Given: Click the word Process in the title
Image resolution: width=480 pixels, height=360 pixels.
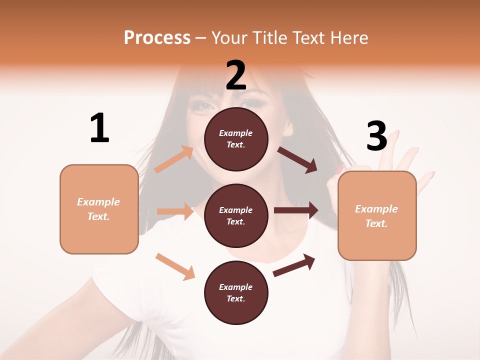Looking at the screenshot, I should [157, 37].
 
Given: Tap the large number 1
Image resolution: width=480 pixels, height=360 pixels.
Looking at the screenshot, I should [99, 128].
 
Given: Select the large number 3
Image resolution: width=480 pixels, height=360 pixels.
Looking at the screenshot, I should [376, 136].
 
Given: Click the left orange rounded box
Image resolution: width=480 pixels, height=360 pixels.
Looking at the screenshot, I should [99, 209].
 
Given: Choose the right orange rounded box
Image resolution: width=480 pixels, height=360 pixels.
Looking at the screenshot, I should [377, 215].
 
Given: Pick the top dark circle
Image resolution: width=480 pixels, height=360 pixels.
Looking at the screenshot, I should [236, 139].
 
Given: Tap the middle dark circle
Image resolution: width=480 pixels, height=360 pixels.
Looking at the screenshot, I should [236, 215].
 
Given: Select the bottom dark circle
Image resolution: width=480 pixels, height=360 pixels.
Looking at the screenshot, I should [236, 292].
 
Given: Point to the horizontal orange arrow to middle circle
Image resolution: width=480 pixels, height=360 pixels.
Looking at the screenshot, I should [175, 211].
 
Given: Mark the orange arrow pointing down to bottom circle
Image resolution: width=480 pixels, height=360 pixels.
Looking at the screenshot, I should [175, 266].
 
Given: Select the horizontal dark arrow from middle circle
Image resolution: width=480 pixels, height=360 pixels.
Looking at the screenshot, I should [296, 210].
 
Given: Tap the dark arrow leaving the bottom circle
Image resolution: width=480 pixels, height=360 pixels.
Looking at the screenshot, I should [294, 265].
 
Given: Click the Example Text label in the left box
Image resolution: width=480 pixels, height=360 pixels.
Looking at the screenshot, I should [98, 209].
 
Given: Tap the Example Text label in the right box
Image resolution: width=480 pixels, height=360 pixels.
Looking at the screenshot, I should [376, 216].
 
